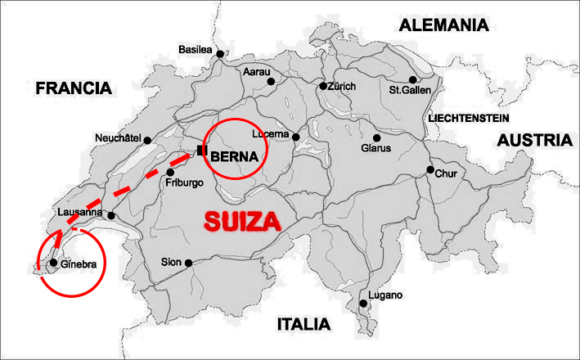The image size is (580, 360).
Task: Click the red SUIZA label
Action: pyautogui.click(x=241, y=221)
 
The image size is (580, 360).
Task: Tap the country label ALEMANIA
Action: pyautogui.click(x=443, y=25)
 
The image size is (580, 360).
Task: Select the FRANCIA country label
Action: pyautogui.click(x=73, y=88)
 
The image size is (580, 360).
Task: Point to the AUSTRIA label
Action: pyautogui.click(x=536, y=140)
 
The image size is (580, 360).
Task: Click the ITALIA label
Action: pyautogui.click(x=303, y=324)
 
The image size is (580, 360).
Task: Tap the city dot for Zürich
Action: pyautogui.click(x=323, y=86)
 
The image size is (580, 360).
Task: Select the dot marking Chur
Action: pyautogui.click(x=429, y=170)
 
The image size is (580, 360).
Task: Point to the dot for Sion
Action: pyautogui.click(x=188, y=263)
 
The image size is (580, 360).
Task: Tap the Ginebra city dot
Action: pyautogui.click(x=53, y=263)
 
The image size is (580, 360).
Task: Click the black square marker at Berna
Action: pyautogui.click(x=200, y=150)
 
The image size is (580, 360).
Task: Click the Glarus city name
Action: pyautogui.click(x=376, y=149)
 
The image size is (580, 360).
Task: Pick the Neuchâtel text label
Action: pyautogui.click(x=119, y=137)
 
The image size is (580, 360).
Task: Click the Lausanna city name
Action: pyautogui.click(x=80, y=213)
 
